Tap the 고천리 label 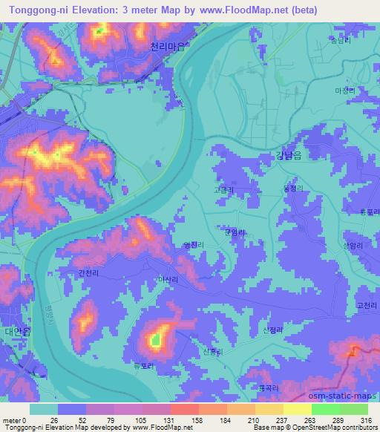point(367,304)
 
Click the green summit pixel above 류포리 point(155,341)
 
